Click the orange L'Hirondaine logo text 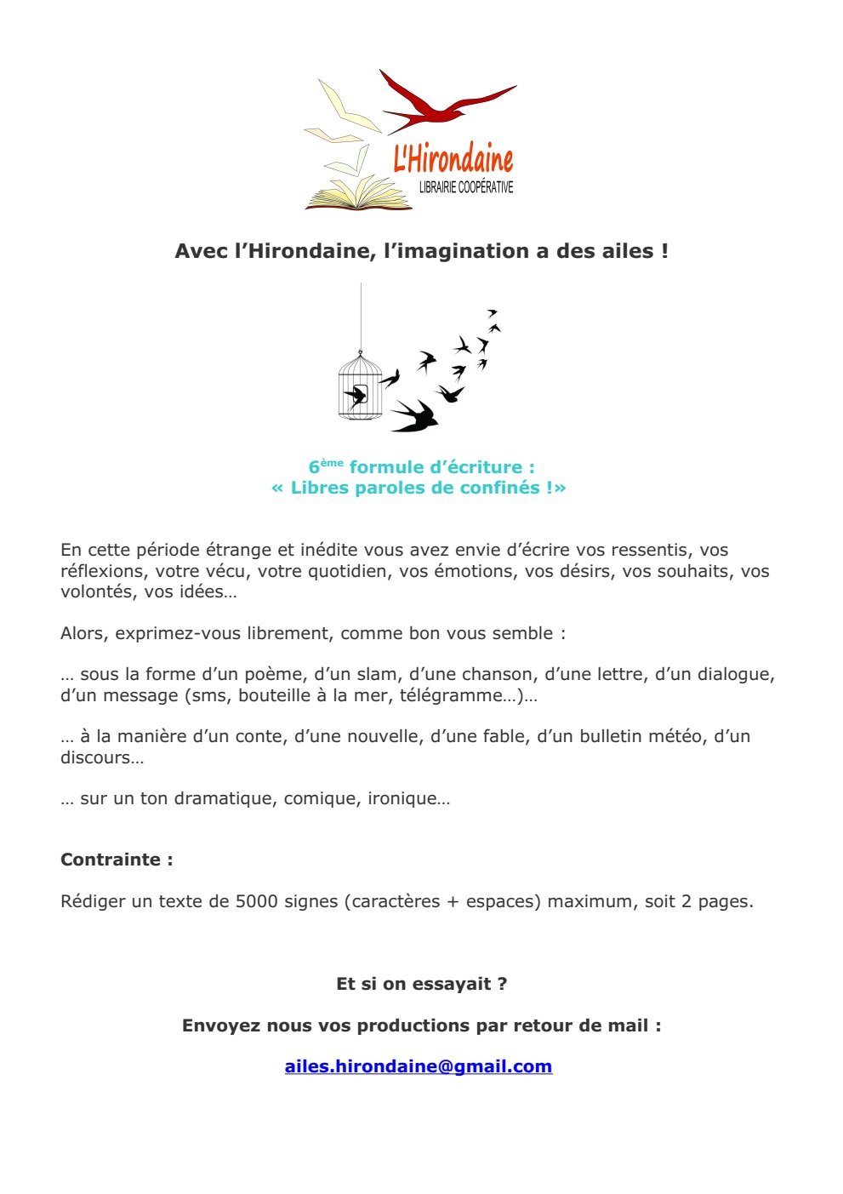click(x=453, y=159)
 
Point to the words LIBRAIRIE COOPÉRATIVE click(x=466, y=187)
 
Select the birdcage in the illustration click(x=360, y=387)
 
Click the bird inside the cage click(x=355, y=396)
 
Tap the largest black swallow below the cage click(x=415, y=415)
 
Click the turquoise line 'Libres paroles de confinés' click(x=419, y=488)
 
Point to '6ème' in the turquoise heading click(x=326, y=466)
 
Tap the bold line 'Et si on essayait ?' click(x=422, y=984)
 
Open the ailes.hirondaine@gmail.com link click(x=419, y=1066)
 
